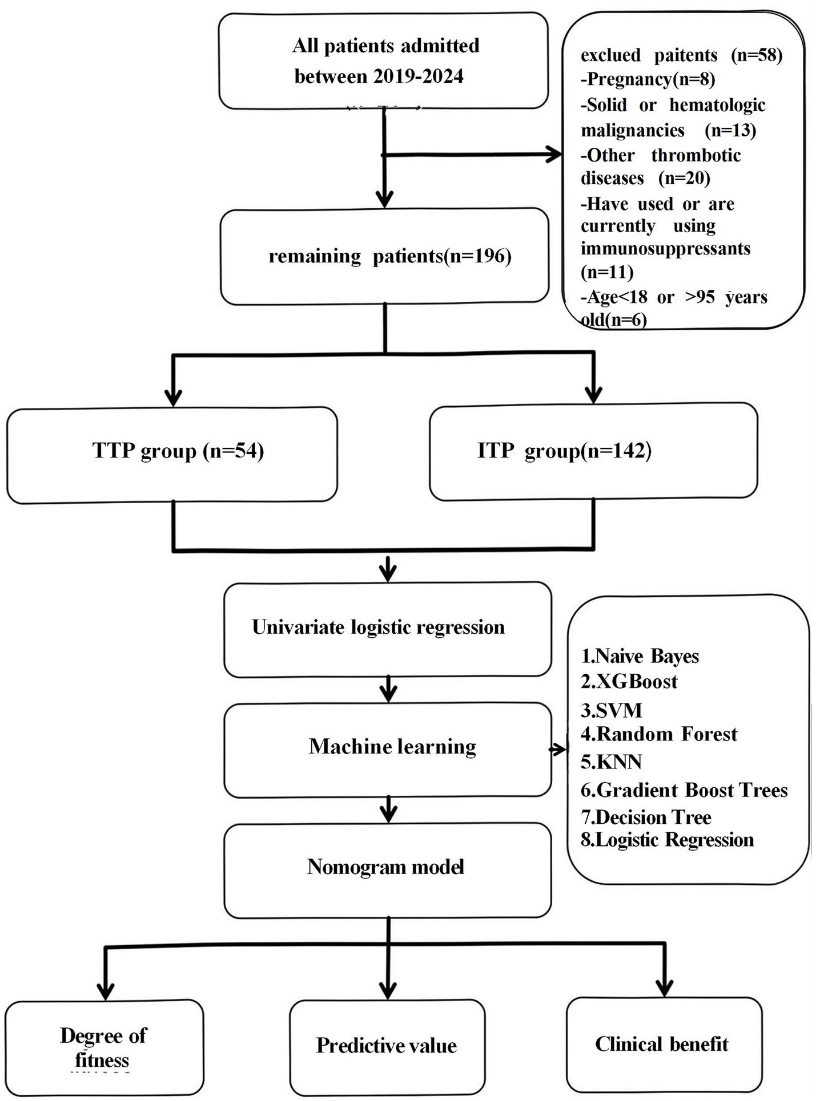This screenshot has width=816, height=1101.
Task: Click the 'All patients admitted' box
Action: pos(384,61)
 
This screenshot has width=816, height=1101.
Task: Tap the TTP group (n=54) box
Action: pos(172,455)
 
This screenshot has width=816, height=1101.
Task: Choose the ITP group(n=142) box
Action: pos(593,451)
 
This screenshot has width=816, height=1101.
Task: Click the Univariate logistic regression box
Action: pos(387,629)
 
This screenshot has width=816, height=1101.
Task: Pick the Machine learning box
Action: pos(387,748)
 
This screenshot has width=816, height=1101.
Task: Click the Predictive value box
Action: pos(387,1046)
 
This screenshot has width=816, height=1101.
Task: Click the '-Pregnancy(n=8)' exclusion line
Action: pos(648,79)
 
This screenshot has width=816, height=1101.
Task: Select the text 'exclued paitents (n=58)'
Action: pos(681,55)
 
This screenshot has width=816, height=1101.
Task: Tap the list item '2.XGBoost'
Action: pos(629,682)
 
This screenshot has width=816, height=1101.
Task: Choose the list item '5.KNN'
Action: pos(611,762)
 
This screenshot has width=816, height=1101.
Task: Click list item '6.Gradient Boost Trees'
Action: pos(684,790)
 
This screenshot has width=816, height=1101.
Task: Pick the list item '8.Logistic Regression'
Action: pos(667,840)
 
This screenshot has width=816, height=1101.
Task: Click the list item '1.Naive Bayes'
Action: pos(640,656)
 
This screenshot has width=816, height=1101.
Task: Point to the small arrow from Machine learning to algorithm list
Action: pos(558,750)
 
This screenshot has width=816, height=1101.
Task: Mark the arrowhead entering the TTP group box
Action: pos(172,396)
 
